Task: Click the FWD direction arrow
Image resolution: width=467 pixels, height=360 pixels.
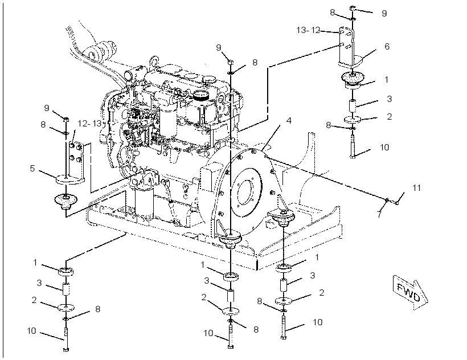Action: (411, 292)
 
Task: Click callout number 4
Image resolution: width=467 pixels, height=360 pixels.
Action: (288, 121)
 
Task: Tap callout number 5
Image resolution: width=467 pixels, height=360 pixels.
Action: (32, 169)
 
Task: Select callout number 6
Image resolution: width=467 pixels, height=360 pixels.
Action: (387, 47)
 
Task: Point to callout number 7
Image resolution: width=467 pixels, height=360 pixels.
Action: (379, 214)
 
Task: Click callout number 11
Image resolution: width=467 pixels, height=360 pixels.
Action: (416, 188)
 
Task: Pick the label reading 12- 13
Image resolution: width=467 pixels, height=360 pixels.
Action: (89, 123)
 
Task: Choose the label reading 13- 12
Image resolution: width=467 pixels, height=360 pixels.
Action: (308, 30)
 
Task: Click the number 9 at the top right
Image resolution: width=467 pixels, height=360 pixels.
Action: (384, 14)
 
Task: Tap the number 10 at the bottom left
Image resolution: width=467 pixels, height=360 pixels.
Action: (31, 331)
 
